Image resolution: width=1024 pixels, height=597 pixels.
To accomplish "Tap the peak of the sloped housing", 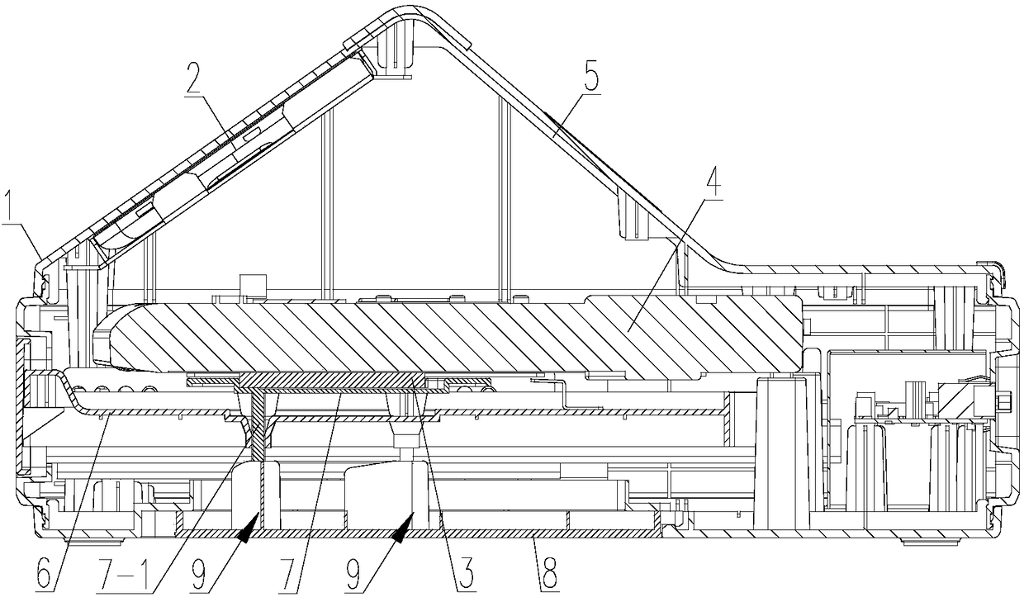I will coord(396,13).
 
